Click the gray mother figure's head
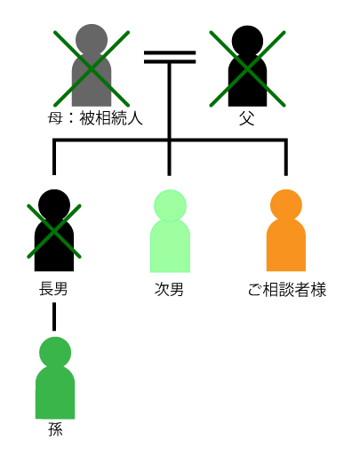tap(92, 40)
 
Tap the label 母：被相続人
tap(95, 118)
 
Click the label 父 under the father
tap(247, 118)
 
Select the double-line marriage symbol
tap(170, 58)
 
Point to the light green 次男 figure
tap(170, 231)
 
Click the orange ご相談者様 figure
tap(286, 230)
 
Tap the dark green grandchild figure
tap(55, 378)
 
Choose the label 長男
tap(53, 289)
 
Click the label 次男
tap(169, 289)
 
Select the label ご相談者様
tap(287, 290)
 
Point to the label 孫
tap(55, 429)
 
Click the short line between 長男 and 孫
tap(54, 317)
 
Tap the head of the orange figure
tap(286, 205)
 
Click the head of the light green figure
tap(170, 205)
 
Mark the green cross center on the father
tap(247, 68)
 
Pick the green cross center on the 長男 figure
tap(54, 231)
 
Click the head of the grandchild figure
tap(55, 353)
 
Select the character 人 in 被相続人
tap(135, 118)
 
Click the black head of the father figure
tap(247, 41)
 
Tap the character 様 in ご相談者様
tap(319, 290)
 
